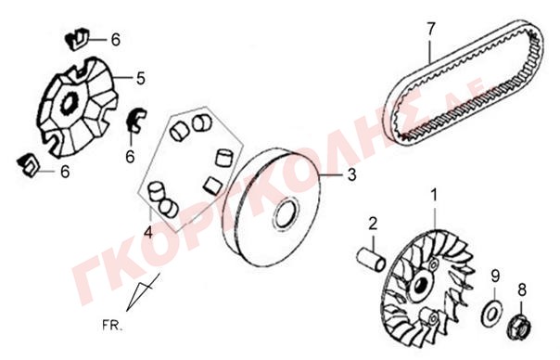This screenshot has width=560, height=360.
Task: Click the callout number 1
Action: coord(434,196)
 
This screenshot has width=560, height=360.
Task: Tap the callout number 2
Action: coord(373,224)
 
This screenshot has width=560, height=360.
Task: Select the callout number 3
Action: coord(351,174)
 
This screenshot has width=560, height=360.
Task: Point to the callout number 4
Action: coord(148,233)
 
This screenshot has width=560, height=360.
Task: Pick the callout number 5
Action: coord(141,78)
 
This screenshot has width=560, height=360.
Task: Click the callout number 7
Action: coord(431,29)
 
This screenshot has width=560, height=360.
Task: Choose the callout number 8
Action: coord(522,289)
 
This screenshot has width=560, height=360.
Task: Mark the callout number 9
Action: coord(495,276)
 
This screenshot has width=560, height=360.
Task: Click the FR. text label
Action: coord(112,326)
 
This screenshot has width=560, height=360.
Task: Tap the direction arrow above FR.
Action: coord(143,292)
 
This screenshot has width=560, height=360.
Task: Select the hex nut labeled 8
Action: coord(519,328)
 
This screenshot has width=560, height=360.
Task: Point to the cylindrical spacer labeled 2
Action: coord(372,259)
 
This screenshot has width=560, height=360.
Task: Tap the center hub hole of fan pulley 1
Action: coord(420,285)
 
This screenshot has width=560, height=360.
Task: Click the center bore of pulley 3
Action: coord(286,213)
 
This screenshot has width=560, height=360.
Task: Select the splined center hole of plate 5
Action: coord(70,103)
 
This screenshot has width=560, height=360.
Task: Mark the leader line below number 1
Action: coord(435,217)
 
